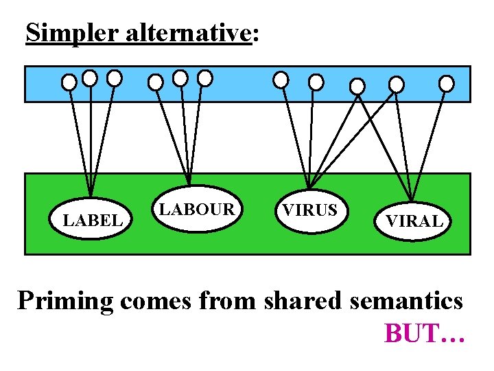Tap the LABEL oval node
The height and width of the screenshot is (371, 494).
[93, 219]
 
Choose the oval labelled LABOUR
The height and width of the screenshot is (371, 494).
[197, 209]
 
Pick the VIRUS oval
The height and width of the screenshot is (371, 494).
[310, 210]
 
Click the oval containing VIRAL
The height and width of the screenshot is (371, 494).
[414, 221]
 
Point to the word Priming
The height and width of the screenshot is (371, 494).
[65, 302]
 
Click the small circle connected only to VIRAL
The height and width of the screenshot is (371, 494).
[446, 84]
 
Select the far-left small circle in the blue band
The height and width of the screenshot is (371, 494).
[69, 82]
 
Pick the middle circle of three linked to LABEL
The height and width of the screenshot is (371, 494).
[90, 78]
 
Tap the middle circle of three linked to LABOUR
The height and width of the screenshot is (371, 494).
[180, 78]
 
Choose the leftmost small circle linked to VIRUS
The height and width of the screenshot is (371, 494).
[281, 80]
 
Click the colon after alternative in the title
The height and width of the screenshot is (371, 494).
[256, 36]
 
